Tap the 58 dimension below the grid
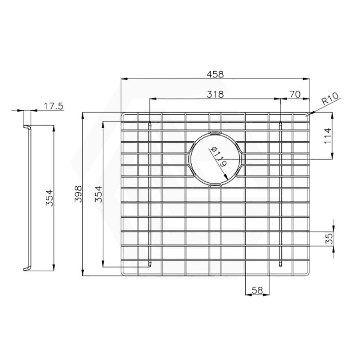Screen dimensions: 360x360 coord(257,290)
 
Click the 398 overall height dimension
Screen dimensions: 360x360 coord(77,194)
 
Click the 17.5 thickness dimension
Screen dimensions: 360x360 coord(54,106)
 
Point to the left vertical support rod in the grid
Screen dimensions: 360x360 coord(150,193)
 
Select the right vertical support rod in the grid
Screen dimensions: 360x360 coord(281,193)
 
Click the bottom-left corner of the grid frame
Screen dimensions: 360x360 coord(124,272)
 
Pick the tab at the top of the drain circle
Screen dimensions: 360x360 coord(216,133)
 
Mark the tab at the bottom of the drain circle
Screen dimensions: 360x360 coord(216,185)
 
